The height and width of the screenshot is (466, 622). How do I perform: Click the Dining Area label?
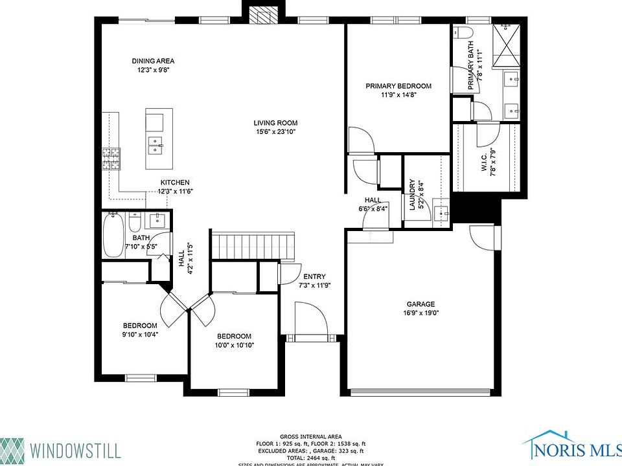(x=154, y=61)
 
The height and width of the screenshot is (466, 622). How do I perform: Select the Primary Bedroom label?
(x=398, y=86)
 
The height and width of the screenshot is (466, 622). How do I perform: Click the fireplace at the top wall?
(x=263, y=14)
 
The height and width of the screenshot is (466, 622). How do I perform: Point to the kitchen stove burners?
(x=110, y=158)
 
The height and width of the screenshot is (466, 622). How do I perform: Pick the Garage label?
(x=420, y=304)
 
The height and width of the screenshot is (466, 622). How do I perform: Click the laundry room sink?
(x=441, y=213)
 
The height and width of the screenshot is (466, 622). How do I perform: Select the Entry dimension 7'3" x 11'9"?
(x=315, y=285)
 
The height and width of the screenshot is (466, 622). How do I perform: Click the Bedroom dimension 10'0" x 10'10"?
(x=235, y=345)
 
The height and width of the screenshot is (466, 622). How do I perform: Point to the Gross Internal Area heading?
(x=311, y=436)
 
